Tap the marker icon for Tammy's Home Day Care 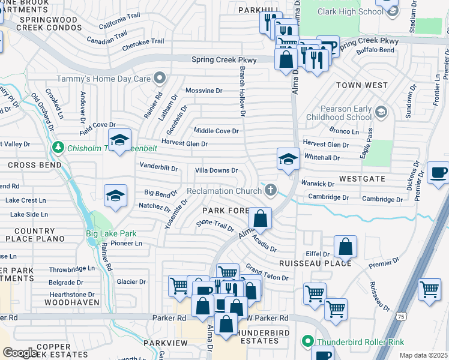pyautogui.click(x=160, y=78)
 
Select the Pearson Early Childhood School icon pyautogui.click(x=381, y=112)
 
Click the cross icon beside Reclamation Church pyautogui.click(x=271, y=191)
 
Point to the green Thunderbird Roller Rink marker pyautogui.click(x=308, y=342)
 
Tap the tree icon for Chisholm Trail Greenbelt pyautogui.click(x=58, y=147)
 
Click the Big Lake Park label pyautogui.click(x=110, y=234)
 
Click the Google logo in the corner pyautogui.click(x=20, y=353)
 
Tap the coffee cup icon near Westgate pyautogui.click(x=438, y=173)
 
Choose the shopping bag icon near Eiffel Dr pyautogui.click(x=345, y=246)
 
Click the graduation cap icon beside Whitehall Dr pyautogui.click(x=288, y=160)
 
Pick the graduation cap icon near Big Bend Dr pyautogui.click(x=115, y=196)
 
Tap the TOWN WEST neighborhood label pyautogui.click(x=361, y=85)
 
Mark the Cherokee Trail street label pyautogui.click(x=143, y=41)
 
